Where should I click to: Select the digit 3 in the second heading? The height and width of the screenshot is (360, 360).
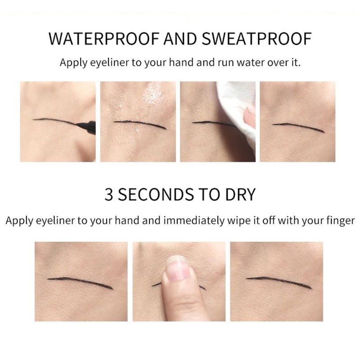(108, 195)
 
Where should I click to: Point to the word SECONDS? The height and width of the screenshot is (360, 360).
(155, 195)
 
